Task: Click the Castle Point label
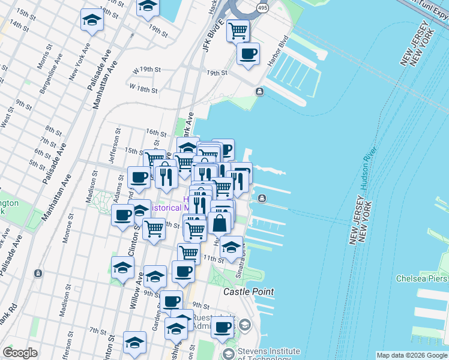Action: pyautogui.click(x=249, y=292)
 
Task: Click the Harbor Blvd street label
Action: pyautogui.click(x=279, y=55)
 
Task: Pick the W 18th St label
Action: pyautogui.click(x=143, y=89)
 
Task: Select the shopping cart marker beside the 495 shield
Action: pyautogui.click(x=238, y=30)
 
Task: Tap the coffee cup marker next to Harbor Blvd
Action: pyautogui.click(x=248, y=55)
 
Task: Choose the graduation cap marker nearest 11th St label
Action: pyautogui.click(x=231, y=246)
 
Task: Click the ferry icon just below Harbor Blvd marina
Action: pyautogui.click(x=259, y=91)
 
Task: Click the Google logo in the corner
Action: pyautogui.click(x=20, y=353)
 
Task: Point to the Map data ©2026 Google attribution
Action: pyautogui.click(x=411, y=355)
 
